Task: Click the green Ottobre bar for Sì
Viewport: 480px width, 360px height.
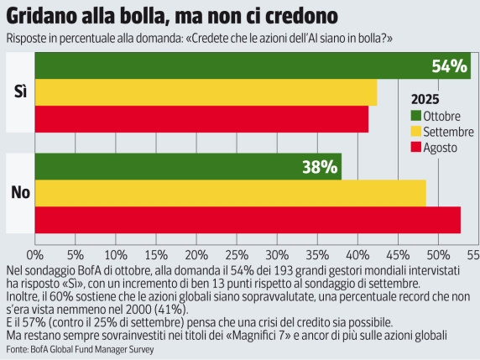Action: tap(252, 66)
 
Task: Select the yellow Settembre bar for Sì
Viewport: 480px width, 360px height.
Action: tap(206, 92)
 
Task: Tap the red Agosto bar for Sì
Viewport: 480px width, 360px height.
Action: tap(201, 119)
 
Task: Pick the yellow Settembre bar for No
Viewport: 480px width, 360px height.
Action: tap(230, 193)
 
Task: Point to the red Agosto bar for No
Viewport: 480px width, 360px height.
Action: tap(248, 220)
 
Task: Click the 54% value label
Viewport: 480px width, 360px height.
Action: tap(449, 66)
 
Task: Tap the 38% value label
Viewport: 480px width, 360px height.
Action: tap(320, 166)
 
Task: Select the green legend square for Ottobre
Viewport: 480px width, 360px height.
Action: tap(415, 115)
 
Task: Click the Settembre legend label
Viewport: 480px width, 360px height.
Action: tap(448, 131)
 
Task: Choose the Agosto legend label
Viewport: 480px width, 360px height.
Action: tap(442, 148)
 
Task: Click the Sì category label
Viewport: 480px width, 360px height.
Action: tap(21, 93)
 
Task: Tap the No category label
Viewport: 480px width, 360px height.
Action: tap(20, 193)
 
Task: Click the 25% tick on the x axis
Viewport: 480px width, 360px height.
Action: tap(237, 253)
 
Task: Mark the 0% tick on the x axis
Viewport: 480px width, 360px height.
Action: tap(35, 253)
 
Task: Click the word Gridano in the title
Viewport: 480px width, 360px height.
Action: tap(50, 16)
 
